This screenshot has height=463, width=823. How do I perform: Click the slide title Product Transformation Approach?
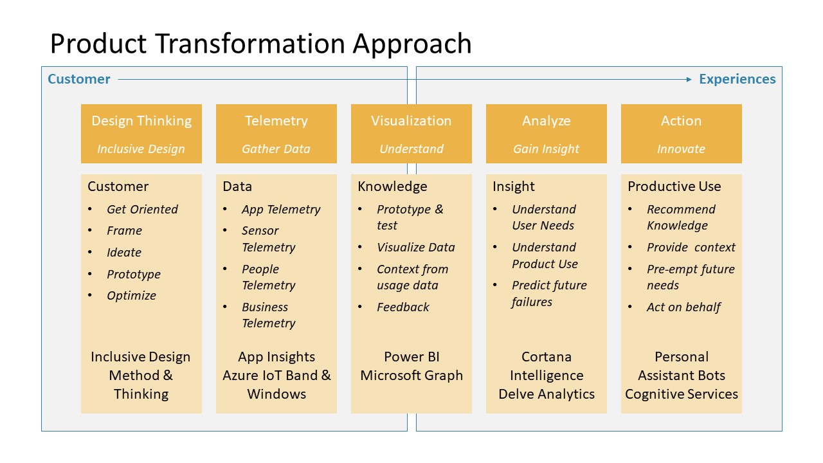click(260, 44)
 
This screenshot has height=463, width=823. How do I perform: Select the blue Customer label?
click(79, 79)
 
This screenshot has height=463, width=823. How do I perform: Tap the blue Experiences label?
click(737, 79)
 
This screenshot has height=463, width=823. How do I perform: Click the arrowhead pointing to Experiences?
click(688, 79)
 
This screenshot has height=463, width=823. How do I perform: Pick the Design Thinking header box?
click(141, 133)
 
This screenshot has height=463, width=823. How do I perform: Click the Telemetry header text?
click(276, 121)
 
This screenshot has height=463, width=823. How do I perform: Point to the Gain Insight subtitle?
click(546, 149)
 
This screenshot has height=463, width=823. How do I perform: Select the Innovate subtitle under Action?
click(681, 149)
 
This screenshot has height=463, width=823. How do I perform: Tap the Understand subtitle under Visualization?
click(411, 149)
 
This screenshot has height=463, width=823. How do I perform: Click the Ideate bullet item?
click(124, 253)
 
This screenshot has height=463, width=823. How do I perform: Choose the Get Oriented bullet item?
click(142, 210)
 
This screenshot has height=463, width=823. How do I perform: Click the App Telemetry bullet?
click(281, 210)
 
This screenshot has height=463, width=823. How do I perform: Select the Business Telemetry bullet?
click(268, 315)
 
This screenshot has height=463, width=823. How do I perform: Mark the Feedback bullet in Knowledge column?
click(403, 307)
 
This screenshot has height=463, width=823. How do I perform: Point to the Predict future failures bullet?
click(548, 293)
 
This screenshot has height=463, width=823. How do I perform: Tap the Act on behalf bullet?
click(683, 307)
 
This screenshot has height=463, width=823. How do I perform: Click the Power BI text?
click(411, 357)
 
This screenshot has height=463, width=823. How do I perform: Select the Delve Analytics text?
click(547, 394)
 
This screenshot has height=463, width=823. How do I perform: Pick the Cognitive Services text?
click(682, 394)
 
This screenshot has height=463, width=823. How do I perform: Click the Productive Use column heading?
click(674, 186)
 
